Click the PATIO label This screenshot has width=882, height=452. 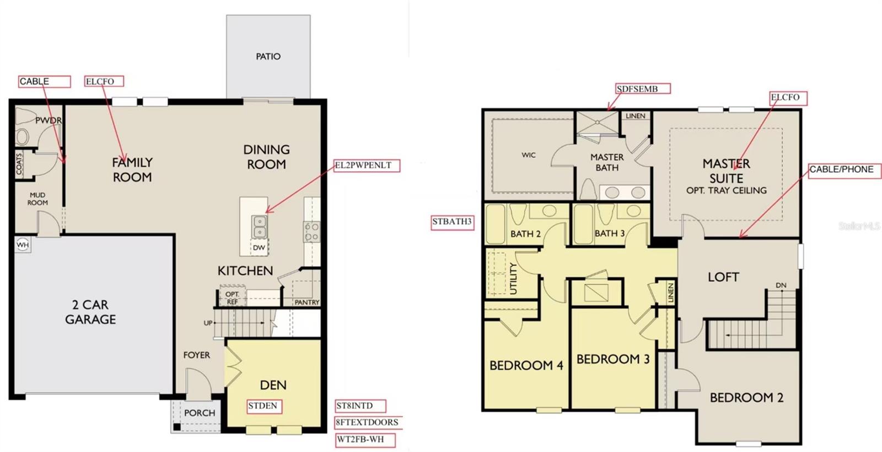pos(268,56)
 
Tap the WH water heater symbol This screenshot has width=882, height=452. pos(23,245)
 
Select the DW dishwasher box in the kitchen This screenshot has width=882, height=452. pos(259,248)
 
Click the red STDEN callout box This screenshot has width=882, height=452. pos(264,406)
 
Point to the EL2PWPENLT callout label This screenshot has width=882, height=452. pos(366,165)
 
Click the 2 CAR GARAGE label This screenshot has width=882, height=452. pos(90,312)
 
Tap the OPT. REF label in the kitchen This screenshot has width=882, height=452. pos(232,298)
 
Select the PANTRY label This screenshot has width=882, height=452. pos(306,302)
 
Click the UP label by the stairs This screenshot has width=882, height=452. pos(208,323)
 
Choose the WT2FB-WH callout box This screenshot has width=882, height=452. pos(367,440)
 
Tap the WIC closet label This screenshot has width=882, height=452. pos(528,155)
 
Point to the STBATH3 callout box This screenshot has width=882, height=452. pos(452,222)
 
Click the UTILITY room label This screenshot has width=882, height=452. pos(513,278)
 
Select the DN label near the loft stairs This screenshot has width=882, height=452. pos(781,285)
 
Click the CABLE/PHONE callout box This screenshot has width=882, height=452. pos(844,170)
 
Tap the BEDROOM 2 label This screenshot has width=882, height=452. pos(746,397)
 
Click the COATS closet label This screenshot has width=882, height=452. pos(19,164)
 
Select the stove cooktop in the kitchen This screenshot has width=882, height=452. pos(311,232)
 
